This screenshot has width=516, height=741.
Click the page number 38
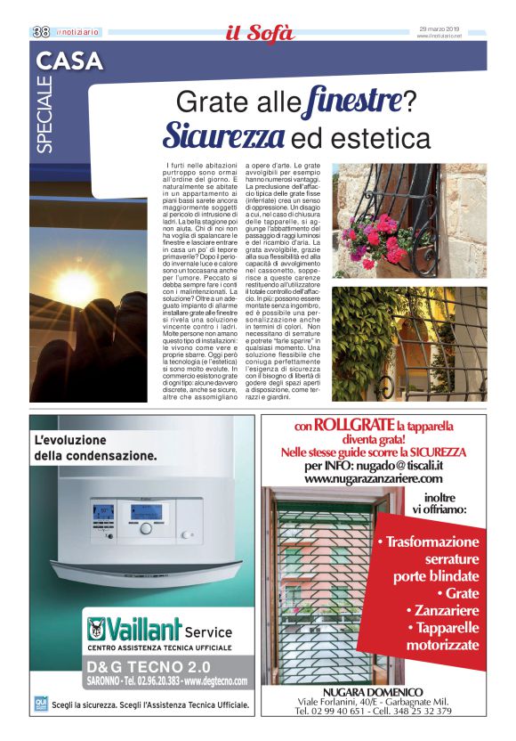(x=40, y=31)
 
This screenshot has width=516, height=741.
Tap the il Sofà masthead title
(x=258, y=34)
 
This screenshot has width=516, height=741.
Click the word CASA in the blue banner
(x=70, y=61)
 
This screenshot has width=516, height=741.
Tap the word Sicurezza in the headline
(x=224, y=138)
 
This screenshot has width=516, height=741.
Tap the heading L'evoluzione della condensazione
(x=95, y=447)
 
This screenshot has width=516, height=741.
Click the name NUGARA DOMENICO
(x=373, y=691)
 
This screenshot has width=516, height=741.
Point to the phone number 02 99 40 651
(x=339, y=711)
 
